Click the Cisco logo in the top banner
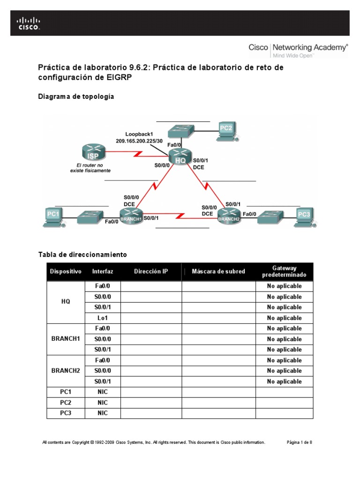click(29, 23)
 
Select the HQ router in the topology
click(180, 157)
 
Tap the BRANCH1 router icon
click(131, 217)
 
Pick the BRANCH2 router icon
click(229, 216)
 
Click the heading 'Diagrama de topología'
click(75, 97)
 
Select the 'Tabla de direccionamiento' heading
click(82, 255)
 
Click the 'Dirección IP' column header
click(150, 271)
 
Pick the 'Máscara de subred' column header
click(218, 271)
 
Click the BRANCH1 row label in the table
click(66, 339)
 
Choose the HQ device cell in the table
click(66, 302)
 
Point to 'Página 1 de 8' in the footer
click(299, 442)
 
